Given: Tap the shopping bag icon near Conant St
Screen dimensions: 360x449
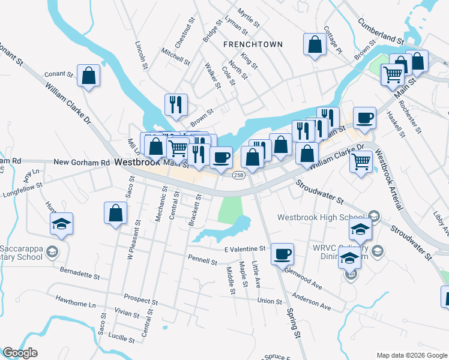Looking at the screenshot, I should [x=88, y=76].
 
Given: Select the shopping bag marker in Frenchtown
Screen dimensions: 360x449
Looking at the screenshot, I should [x=315, y=45].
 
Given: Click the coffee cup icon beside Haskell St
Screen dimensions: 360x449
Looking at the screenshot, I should [x=364, y=118].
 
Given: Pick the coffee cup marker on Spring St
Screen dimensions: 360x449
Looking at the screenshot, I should [x=282, y=254].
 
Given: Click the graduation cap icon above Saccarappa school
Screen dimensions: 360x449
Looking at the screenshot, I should [x=61, y=224].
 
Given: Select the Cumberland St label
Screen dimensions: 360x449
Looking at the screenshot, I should [x=380, y=31].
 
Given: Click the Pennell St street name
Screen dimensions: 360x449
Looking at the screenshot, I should [x=203, y=262].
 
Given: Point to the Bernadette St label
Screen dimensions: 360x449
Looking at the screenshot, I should [x=79, y=274].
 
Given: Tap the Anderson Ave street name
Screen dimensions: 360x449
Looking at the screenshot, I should [x=312, y=302].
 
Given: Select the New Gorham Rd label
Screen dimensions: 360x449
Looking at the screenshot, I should [x=82, y=162].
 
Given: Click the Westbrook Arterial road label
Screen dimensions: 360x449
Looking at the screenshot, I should [x=388, y=179].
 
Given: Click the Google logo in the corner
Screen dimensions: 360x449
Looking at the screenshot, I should [x=20, y=353].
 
